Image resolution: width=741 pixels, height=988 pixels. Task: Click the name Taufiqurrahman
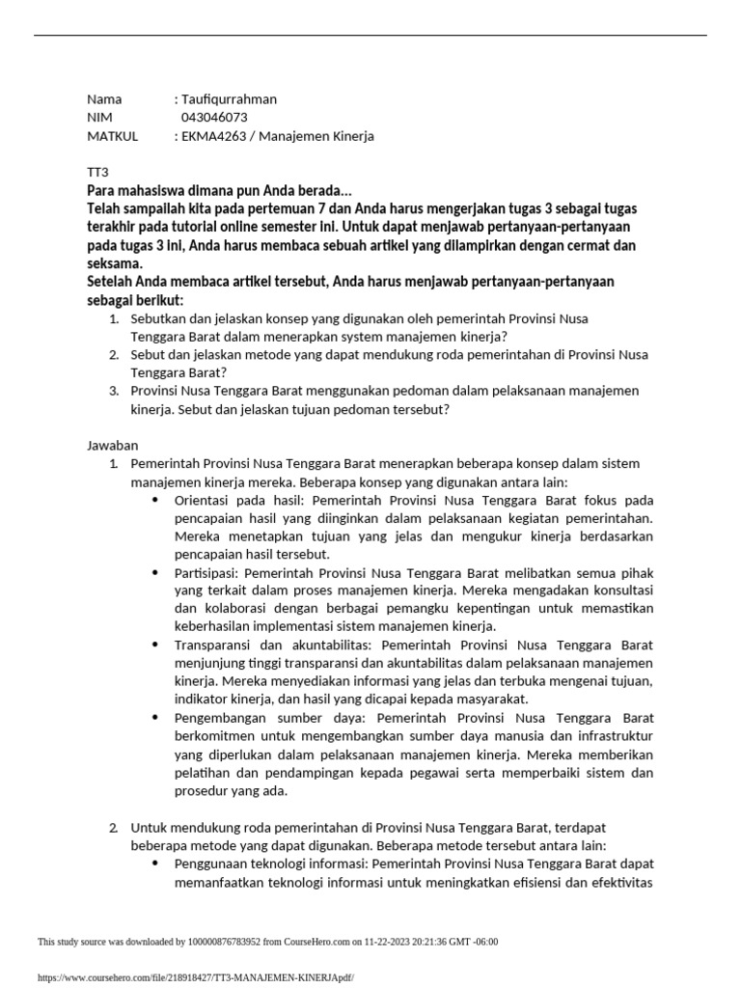point(229,99)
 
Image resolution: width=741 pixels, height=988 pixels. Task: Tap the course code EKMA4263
point(213,136)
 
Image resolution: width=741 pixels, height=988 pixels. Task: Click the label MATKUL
point(112,136)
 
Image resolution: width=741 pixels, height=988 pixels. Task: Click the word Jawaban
point(114,445)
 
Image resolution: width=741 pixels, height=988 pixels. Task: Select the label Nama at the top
point(104,99)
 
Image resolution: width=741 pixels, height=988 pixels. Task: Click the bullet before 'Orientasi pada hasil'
point(156,501)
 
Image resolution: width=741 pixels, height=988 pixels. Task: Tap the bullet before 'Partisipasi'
point(156,572)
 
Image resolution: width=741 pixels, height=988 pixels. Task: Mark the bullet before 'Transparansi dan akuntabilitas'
point(156,645)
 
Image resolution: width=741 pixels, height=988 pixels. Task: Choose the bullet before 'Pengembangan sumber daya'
point(156,718)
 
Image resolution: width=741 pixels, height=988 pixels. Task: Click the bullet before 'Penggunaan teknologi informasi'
point(156,864)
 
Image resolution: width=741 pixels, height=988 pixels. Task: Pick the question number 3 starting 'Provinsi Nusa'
point(113,391)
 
